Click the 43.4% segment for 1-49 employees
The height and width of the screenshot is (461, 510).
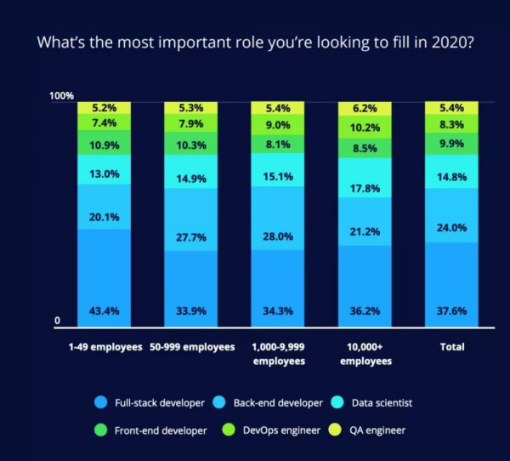(x=104, y=277)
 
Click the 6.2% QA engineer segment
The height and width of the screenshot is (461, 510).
(x=365, y=109)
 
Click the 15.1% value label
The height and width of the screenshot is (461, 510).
(x=278, y=177)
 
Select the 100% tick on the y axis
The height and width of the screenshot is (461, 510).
(x=62, y=96)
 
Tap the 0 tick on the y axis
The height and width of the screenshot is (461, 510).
(x=58, y=321)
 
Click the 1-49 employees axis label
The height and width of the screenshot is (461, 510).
(x=104, y=348)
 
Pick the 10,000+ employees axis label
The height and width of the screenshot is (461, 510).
(x=365, y=354)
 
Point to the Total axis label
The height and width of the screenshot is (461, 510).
(x=451, y=348)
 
